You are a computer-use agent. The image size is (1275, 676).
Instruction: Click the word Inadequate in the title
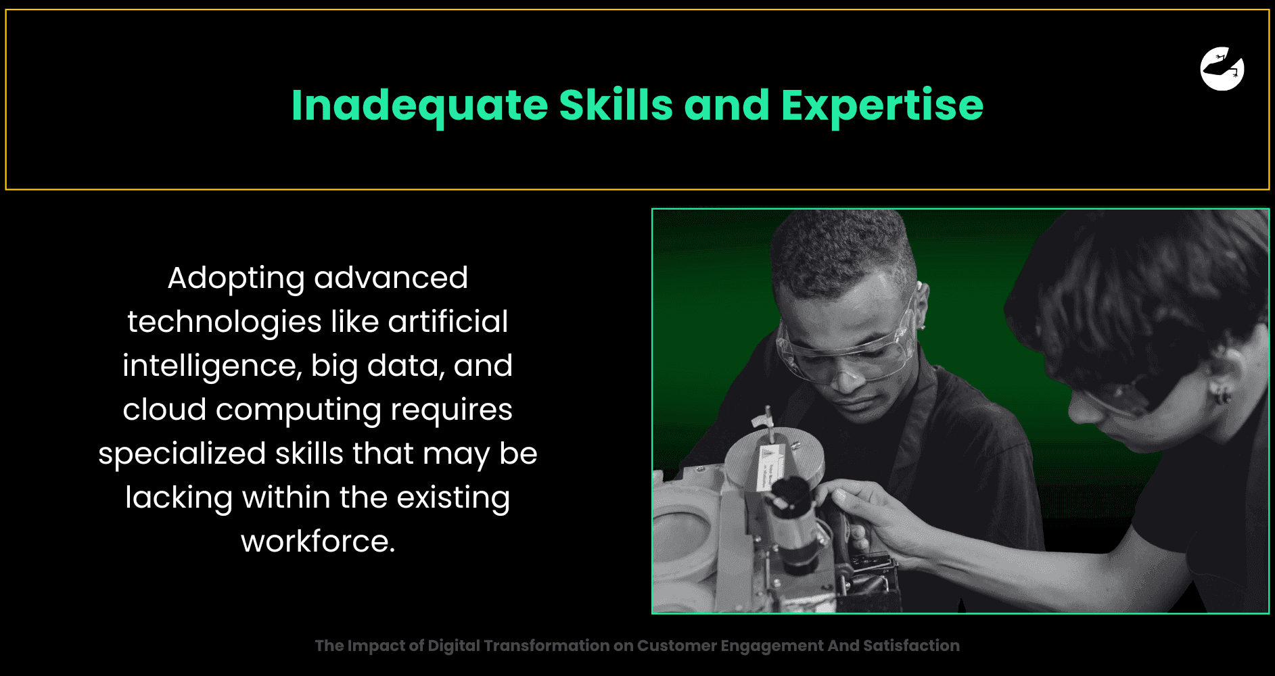pyautogui.click(x=419, y=106)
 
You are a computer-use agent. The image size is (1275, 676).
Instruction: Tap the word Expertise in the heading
pyautogui.click(x=882, y=106)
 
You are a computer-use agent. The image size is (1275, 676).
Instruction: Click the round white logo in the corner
pyautogui.click(x=1222, y=68)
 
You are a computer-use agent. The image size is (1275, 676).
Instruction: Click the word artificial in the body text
pyautogui.click(x=448, y=321)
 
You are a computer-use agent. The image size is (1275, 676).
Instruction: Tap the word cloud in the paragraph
pyautogui.click(x=164, y=409)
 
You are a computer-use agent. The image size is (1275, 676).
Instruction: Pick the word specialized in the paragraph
pyautogui.click(x=182, y=454)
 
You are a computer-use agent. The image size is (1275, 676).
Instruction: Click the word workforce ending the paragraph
pyautogui.click(x=318, y=541)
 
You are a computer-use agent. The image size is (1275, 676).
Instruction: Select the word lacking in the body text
pyautogui.click(x=179, y=498)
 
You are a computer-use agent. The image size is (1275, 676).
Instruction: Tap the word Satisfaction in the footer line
pyautogui.click(x=911, y=646)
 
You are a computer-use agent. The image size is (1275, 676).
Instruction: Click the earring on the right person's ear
pyautogui.click(x=1221, y=395)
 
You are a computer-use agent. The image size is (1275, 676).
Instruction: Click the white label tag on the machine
pyautogui.click(x=770, y=467)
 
